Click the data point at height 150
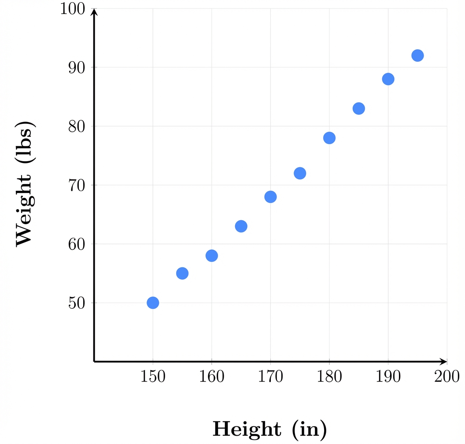(x=153, y=303)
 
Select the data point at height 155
(x=182, y=273)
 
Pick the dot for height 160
(x=212, y=255)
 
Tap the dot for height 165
(x=241, y=226)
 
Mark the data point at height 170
(x=270, y=197)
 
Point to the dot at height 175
(x=300, y=173)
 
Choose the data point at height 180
(x=329, y=138)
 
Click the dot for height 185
(x=359, y=108)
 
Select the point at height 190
(x=388, y=79)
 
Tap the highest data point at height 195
(x=417, y=55)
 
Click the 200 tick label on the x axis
(x=447, y=377)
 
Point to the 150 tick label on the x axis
(x=153, y=377)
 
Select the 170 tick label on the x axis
(x=270, y=377)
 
